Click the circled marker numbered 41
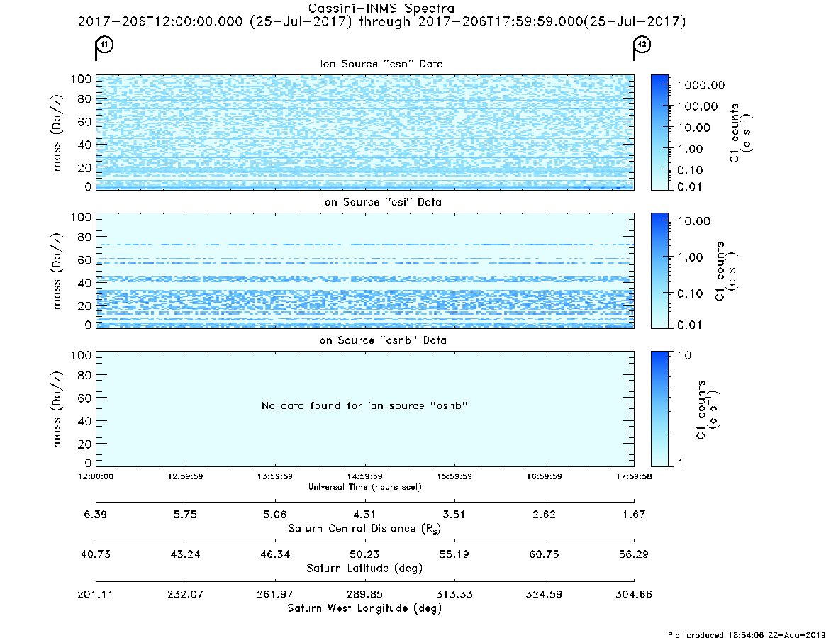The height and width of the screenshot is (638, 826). click(104, 44)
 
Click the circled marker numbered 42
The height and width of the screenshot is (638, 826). click(642, 44)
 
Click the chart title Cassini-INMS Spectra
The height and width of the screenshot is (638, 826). click(381, 8)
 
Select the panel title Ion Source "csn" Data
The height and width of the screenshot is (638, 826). click(381, 64)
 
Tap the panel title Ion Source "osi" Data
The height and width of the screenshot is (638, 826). click(381, 202)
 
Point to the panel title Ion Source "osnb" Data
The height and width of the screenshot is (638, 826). click(381, 340)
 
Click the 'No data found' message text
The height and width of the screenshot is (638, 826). click(364, 405)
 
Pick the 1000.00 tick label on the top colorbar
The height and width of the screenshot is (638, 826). click(701, 85)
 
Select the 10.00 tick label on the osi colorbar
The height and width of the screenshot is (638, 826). click(694, 220)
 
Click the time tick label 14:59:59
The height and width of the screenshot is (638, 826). click(364, 476)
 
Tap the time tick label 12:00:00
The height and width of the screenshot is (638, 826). click(96, 476)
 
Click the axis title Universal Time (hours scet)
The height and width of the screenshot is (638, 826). click(364, 487)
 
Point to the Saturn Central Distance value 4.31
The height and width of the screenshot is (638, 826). click(364, 514)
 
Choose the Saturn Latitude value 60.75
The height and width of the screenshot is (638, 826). click(544, 554)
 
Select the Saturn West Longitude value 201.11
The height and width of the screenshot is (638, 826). click(95, 594)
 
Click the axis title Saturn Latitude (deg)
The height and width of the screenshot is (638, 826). click(364, 569)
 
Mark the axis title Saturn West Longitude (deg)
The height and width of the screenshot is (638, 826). click(364, 608)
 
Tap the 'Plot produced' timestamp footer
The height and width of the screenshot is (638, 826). click(747, 634)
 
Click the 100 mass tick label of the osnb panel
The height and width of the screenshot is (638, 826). click(81, 355)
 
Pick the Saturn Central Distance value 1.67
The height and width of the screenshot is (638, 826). click(634, 514)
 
